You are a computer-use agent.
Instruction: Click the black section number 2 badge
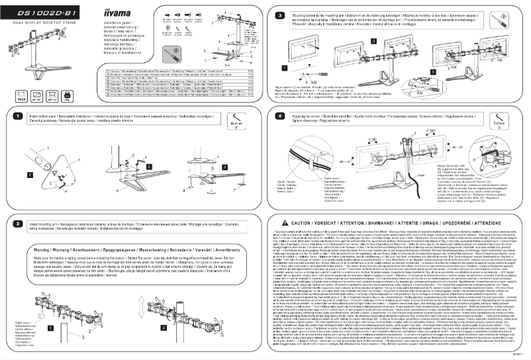click(x=19, y=205)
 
